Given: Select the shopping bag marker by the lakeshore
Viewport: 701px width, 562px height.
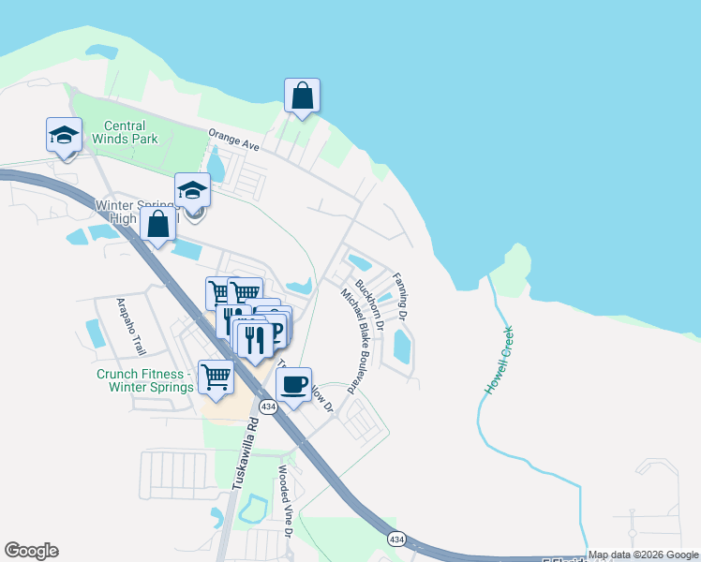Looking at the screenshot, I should click(x=302, y=96).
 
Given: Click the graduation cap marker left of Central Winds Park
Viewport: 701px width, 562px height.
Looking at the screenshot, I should click(x=65, y=137).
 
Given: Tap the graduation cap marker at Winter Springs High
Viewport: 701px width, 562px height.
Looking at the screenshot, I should click(x=192, y=192).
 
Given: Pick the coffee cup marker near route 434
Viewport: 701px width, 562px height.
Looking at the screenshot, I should click(x=294, y=385).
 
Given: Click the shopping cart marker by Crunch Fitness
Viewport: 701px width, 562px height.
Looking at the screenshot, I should click(x=216, y=378).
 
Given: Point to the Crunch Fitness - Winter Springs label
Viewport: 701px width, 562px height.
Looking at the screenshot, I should click(x=144, y=379).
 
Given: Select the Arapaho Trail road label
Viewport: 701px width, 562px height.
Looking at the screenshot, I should click(x=131, y=326).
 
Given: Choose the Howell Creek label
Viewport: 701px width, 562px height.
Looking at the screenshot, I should click(x=499, y=359).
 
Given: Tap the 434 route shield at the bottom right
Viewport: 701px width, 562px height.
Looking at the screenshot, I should click(x=395, y=539).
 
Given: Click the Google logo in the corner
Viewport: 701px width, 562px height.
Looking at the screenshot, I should click(x=31, y=551).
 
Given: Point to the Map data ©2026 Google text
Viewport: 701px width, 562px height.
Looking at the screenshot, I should click(x=643, y=555).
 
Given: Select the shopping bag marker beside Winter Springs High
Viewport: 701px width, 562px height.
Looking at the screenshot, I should click(x=158, y=226).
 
